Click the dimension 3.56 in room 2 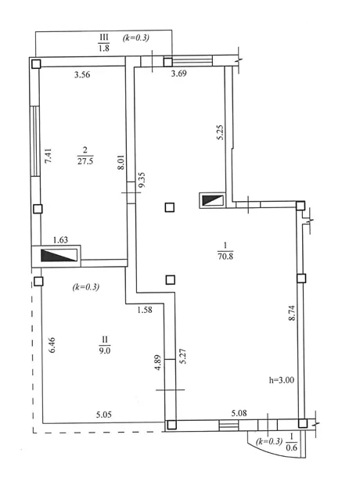point(82,74)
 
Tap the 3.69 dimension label point(179,74)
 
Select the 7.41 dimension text point(49,156)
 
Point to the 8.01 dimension point(121,162)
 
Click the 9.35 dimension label point(142,180)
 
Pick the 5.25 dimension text point(220,132)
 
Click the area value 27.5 point(85,161)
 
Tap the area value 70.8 point(225,257)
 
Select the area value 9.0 point(105,350)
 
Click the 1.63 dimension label point(60,240)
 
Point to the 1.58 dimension point(145,310)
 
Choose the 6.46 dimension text point(52,345)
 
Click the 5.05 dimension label point(104,415)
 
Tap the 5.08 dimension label point(239,413)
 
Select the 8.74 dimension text point(292,313)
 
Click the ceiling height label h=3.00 point(282,380)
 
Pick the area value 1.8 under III point(104,48)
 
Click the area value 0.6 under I point(291,447)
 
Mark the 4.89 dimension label point(158,362)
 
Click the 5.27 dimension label point(183,357)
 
